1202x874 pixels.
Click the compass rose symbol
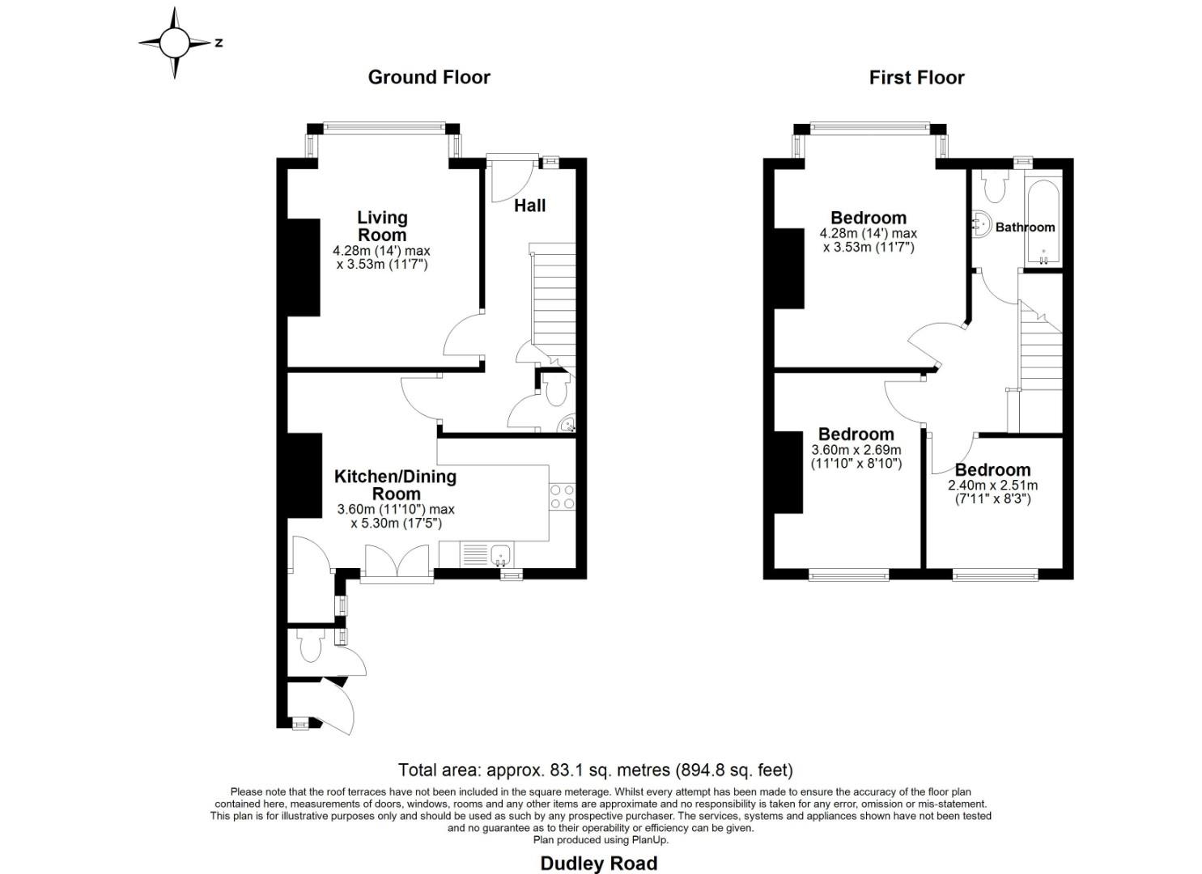pyautogui.click(x=174, y=43)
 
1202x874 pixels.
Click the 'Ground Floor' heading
pyautogui.click(x=429, y=77)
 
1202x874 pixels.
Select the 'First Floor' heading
pyautogui.click(x=916, y=78)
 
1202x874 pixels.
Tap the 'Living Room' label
pyautogui.click(x=382, y=226)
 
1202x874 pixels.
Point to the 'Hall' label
pyautogui.click(x=529, y=206)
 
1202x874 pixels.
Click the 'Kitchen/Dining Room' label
pyautogui.click(x=395, y=485)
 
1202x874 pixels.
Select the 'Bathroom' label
pyautogui.click(x=1025, y=227)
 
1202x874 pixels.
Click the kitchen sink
pyautogui.click(x=500, y=554)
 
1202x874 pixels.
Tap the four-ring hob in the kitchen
pyautogui.click(x=562, y=496)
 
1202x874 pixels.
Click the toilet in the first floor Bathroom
pyautogui.click(x=992, y=187)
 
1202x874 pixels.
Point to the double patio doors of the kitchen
pyautogui.click(x=397, y=562)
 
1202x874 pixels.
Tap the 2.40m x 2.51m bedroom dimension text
pyautogui.click(x=992, y=493)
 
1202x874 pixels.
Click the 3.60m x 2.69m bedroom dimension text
pyautogui.click(x=856, y=457)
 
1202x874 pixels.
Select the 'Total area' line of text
pyautogui.click(x=595, y=770)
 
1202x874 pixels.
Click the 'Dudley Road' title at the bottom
pyautogui.click(x=598, y=863)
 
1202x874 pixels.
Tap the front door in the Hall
pyautogui.click(x=512, y=178)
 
